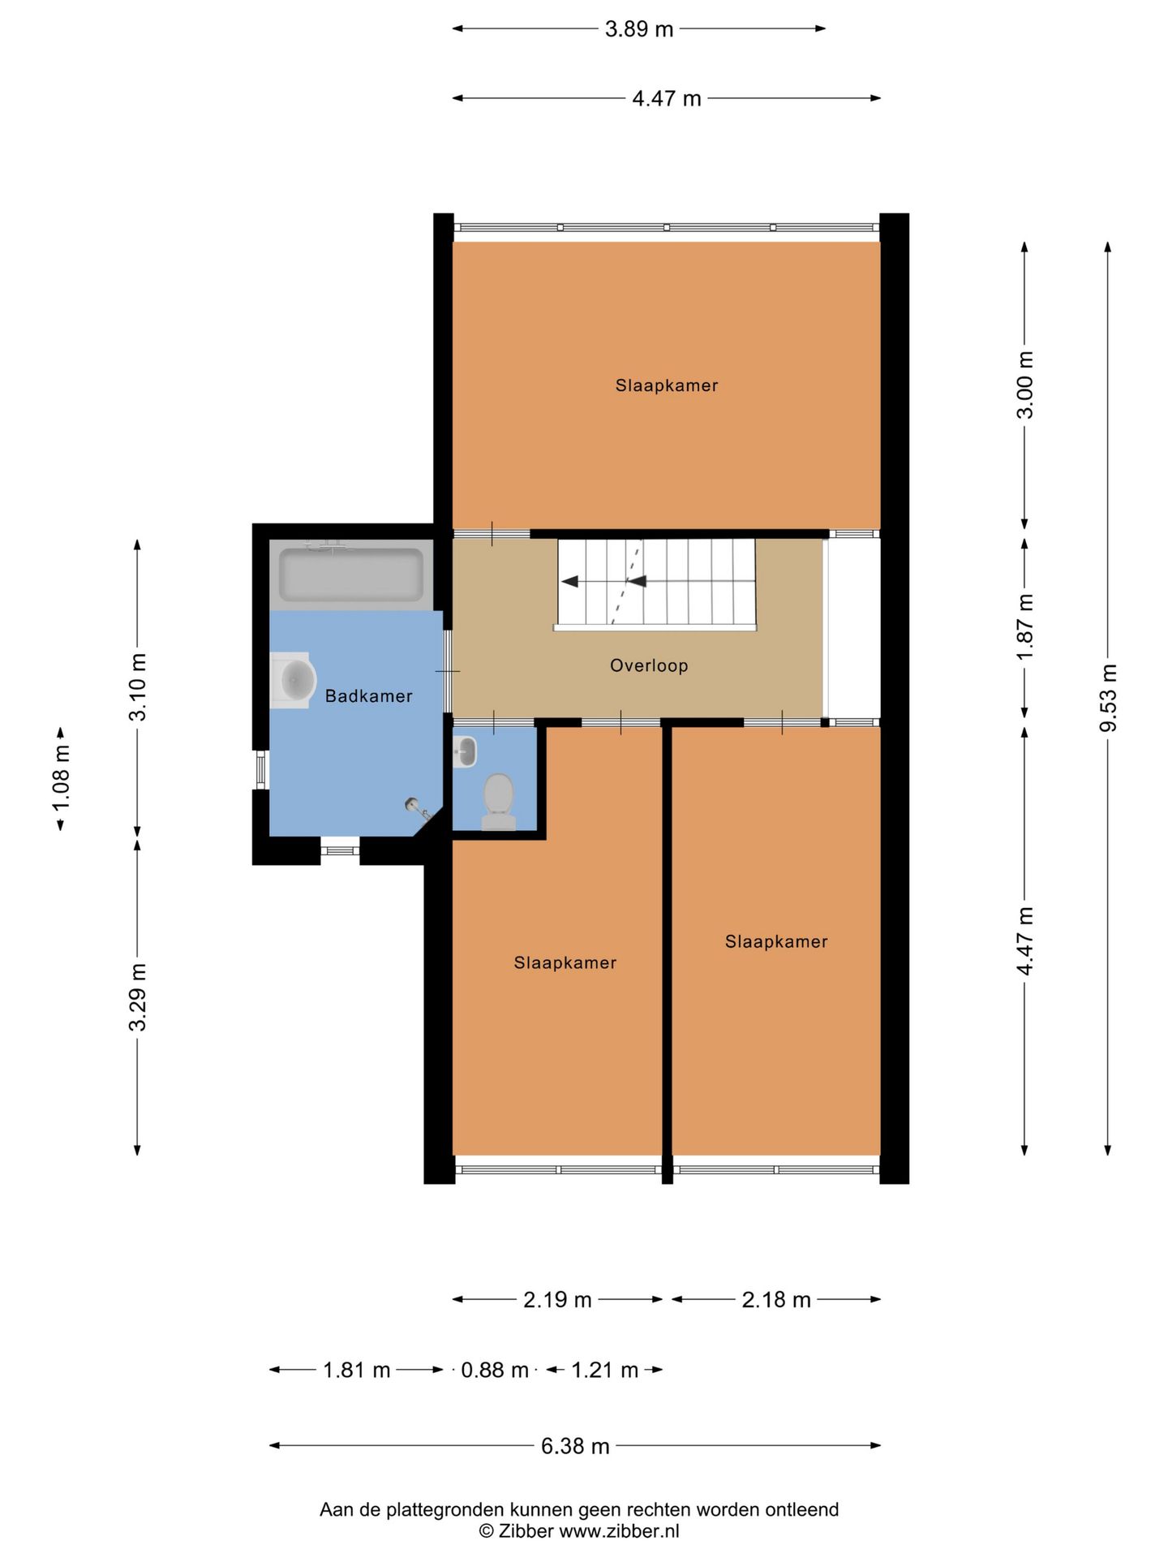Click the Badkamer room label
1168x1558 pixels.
pyautogui.click(x=368, y=696)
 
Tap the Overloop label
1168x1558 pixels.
pyautogui.click(x=649, y=665)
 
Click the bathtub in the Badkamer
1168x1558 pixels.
pyautogui.click(x=351, y=575)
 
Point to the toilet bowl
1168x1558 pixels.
pyautogui.click(x=499, y=800)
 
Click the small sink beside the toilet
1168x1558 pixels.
pyautogui.click(x=465, y=752)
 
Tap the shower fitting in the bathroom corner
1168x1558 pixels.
pyautogui.click(x=418, y=809)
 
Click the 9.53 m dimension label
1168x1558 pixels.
pyautogui.click(x=1108, y=698)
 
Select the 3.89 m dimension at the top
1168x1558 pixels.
pyautogui.click(x=639, y=29)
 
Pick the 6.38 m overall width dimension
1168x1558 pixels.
pyautogui.click(x=575, y=1445)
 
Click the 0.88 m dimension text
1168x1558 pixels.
pyautogui.click(x=495, y=1370)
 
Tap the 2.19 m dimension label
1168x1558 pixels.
pyautogui.click(x=557, y=1299)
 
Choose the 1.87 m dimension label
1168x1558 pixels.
pyautogui.click(x=1025, y=627)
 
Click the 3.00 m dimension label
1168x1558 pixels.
pyautogui.click(x=1025, y=385)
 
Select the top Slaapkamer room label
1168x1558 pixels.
pyautogui.click(x=667, y=385)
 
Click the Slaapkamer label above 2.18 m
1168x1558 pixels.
pyautogui.click(x=776, y=941)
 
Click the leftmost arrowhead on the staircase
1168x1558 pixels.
pyautogui.click(x=569, y=581)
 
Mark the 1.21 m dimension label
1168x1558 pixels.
pyautogui.click(x=605, y=1370)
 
